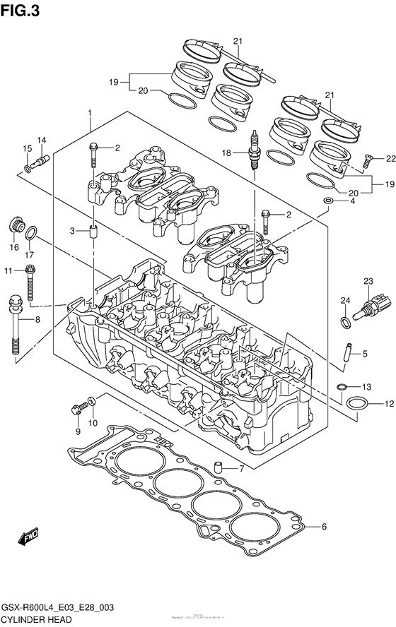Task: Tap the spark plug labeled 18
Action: click(252, 150)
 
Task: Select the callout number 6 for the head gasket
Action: click(325, 527)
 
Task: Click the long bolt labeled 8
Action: click(16, 325)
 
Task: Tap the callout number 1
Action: click(91, 113)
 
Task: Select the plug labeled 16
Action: click(15, 227)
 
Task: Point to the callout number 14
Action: click(42, 140)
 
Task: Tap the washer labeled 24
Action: click(345, 323)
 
